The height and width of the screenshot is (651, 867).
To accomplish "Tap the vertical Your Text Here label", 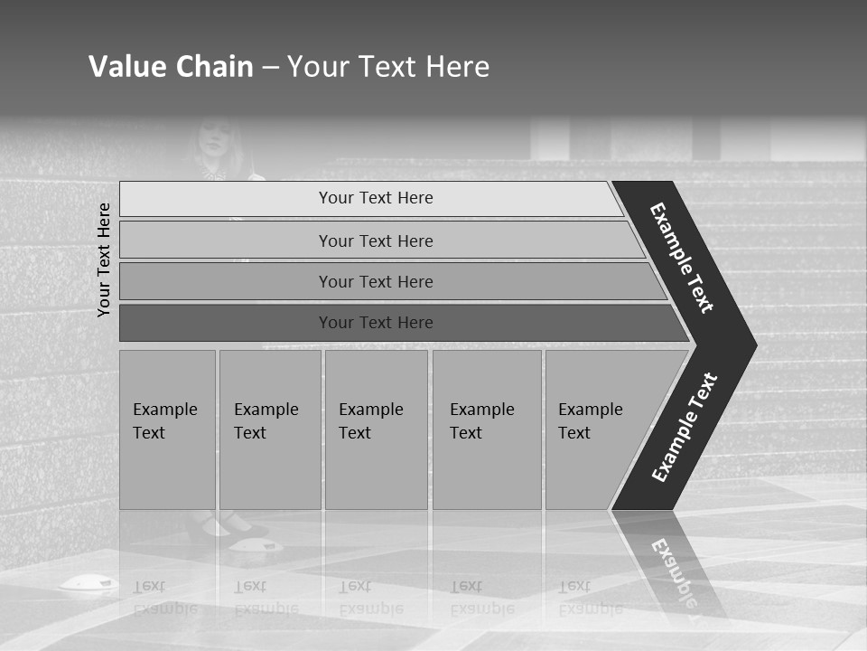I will tap(105, 259).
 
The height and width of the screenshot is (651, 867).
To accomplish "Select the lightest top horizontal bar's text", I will tap(376, 198).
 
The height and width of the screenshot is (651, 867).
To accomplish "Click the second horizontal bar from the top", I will tap(376, 241).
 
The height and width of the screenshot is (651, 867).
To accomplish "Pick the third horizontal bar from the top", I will tap(376, 281).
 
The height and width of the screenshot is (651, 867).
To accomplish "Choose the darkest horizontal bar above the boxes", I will tap(376, 323).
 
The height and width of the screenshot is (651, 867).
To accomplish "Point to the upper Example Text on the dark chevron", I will tap(682, 258).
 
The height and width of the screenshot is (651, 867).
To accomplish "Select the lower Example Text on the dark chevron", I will tap(684, 427).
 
